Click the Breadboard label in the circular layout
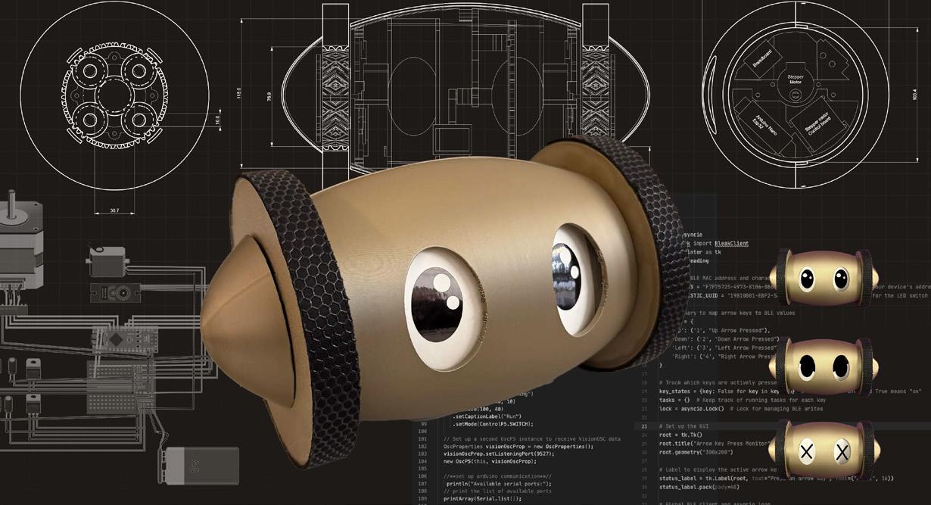pos(760,63)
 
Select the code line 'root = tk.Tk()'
pos(680,435)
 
